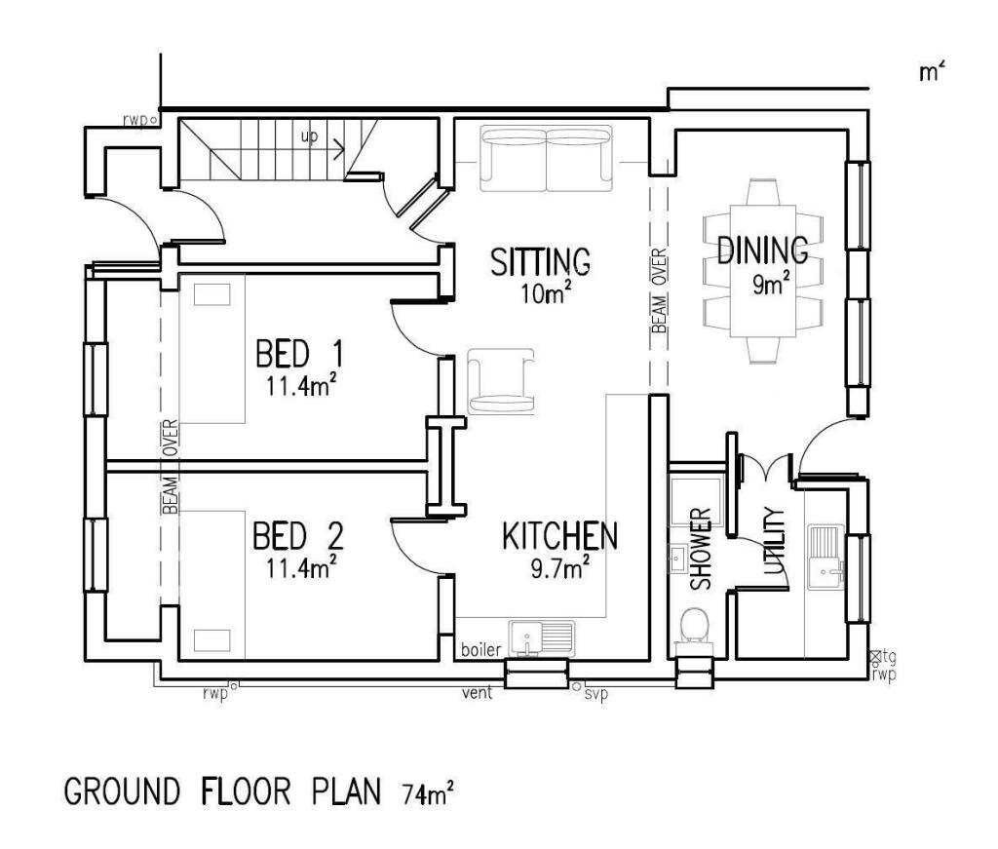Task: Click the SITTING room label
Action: (x=540, y=261)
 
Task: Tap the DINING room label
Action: (x=762, y=251)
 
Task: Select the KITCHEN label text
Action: (x=559, y=536)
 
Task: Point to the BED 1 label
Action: (x=299, y=354)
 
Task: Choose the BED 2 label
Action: (x=298, y=536)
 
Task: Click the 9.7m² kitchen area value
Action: (x=559, y=567)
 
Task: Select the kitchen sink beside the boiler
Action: (x=542, y=638)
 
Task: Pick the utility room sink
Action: (x=825, y=557)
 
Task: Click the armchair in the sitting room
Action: (x=501, y=381)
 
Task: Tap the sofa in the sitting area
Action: (x=546, y=159)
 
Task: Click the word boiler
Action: (x=481, y=650)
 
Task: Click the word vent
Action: (x=478, y=692)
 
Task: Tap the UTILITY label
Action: (x=773, y=541)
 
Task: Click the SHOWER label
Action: (x=700, y=549)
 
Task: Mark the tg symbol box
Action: (x=876, y=655)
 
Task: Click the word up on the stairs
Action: (x=309, y=136)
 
